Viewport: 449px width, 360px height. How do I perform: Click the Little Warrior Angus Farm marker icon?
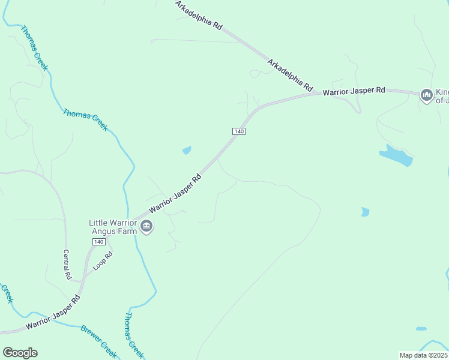click(x=146, y=226)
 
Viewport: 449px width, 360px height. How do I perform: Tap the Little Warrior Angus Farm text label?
click(x=113, y=227)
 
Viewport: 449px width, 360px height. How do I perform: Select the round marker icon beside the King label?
click(x=427, y=95)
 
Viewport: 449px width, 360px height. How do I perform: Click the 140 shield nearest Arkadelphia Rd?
click(x=239, y=131)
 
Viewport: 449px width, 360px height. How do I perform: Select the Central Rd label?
click(x=67, y=265)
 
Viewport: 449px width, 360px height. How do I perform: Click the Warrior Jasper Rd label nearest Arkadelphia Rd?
click(x=354, y=91)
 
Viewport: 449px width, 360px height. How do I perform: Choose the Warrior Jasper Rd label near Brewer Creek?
click(x=53, y=315)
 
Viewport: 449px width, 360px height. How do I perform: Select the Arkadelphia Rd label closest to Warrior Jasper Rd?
click(x=291, y=74)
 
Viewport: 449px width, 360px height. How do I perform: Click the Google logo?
click(x=20, y=353)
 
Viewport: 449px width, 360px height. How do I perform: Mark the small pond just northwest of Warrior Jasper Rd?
click(x=187, y=150)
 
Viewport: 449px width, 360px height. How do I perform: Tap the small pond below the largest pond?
click(x=365, y=212)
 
